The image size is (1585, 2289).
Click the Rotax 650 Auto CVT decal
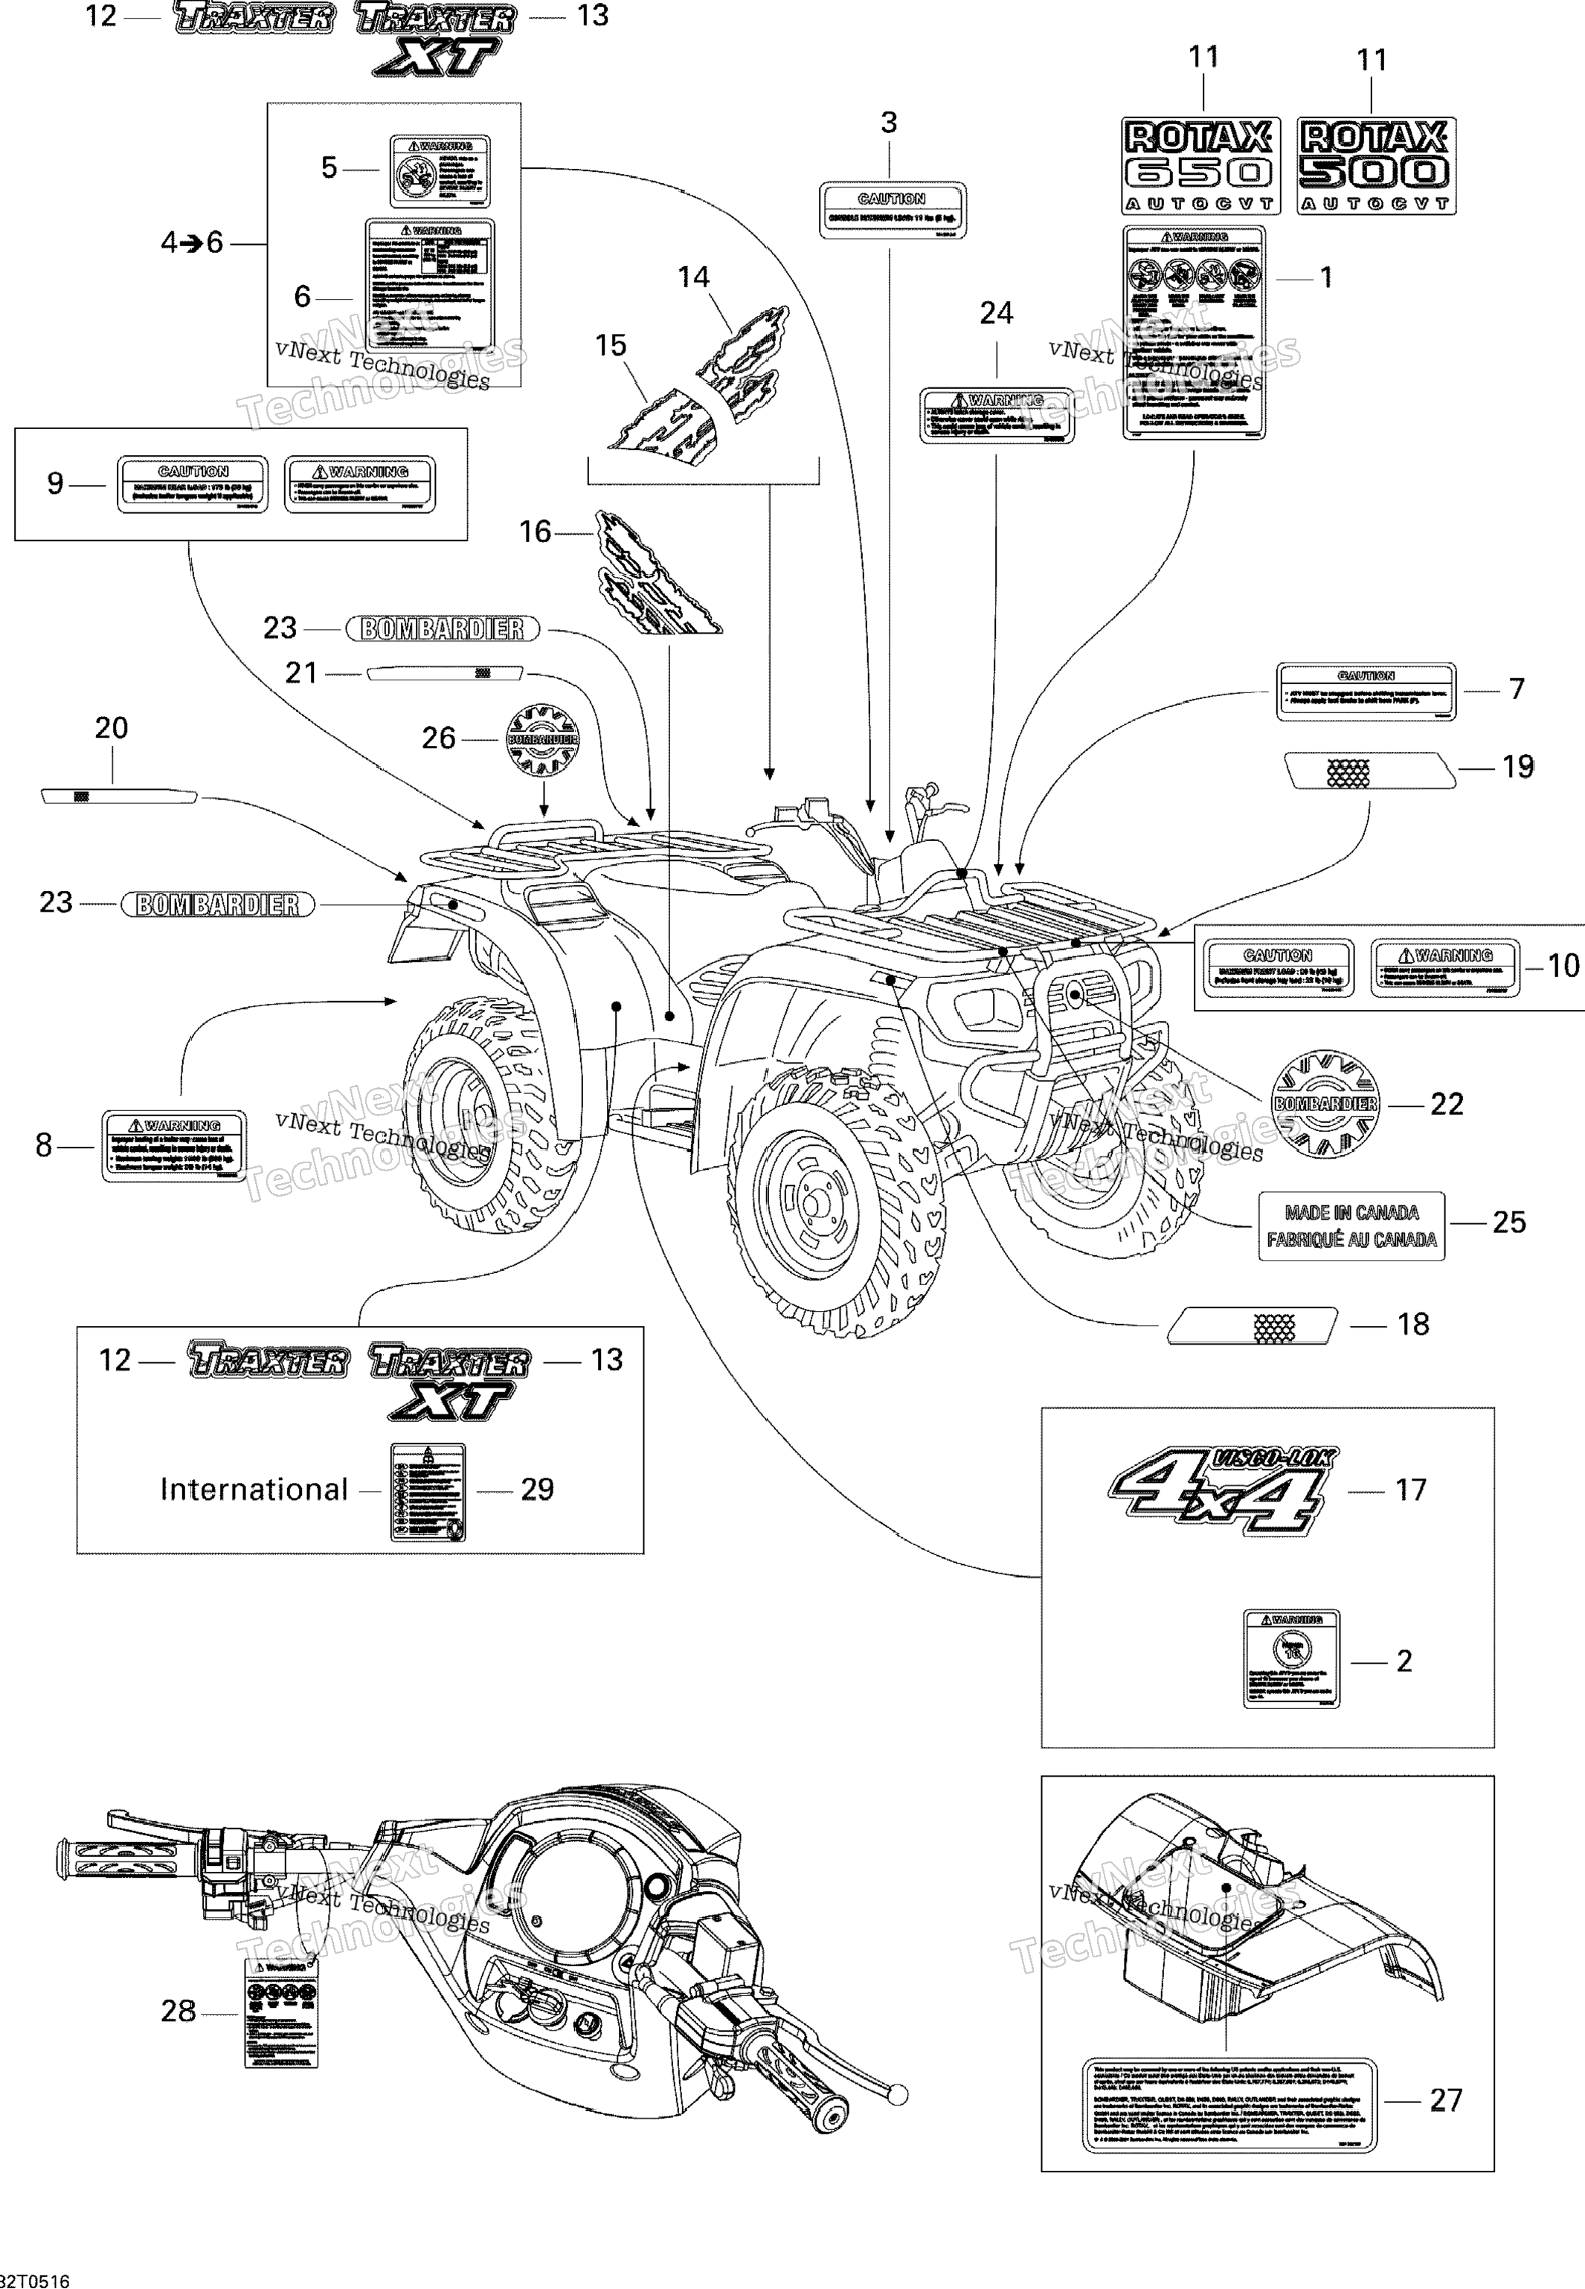1200,165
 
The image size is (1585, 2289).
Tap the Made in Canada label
1351,1226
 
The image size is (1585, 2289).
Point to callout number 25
1508,1223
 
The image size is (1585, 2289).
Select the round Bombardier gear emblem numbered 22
1325,1104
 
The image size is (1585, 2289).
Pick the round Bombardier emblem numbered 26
542,739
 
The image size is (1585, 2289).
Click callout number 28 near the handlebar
178,2011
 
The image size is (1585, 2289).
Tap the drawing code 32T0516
36,2280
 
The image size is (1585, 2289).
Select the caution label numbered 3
892,210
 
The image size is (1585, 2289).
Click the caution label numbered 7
1366,691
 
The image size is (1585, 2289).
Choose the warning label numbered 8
174,1146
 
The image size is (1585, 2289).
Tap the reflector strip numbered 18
1251,1326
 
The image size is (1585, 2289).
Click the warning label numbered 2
1291,1658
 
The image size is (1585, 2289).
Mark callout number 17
1410,1490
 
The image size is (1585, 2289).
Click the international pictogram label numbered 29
428,1492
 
